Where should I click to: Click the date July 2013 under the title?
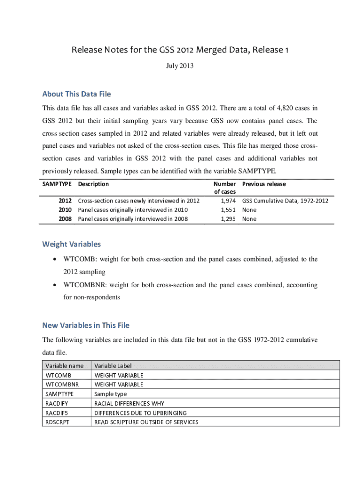pos(180,66)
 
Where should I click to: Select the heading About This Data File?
pos(77,94)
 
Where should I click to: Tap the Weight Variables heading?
pos(72,244)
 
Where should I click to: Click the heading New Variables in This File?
pos(86,325)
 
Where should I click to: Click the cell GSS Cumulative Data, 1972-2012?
pos(285,201)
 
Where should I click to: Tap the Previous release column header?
pos(264,184)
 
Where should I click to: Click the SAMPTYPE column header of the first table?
pos(57,184)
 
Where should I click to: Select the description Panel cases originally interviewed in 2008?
pos(133,218)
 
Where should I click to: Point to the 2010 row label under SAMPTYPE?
pos(65,210)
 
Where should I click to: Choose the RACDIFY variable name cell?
pos(57,403)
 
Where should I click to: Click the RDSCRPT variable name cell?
pos(58,422)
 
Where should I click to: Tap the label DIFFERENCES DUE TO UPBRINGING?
pos(140,413)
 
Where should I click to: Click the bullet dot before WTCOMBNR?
pos(56,285)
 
